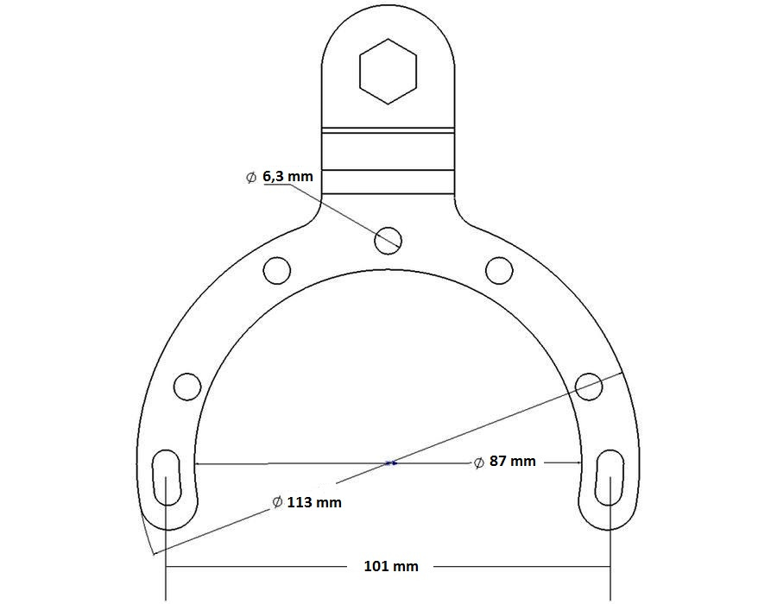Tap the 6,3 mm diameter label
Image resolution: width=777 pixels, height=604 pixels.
288,176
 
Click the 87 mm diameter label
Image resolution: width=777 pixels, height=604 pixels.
512,462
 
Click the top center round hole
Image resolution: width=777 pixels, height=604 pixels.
388,239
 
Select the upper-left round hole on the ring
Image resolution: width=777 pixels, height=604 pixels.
277,270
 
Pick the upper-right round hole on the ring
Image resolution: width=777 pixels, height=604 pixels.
499,270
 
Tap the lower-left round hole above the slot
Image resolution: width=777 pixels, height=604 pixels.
187,385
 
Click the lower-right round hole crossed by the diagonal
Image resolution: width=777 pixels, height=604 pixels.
589,385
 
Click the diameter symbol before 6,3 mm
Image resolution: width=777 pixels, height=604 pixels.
251,177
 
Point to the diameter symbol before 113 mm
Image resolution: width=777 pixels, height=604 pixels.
276,501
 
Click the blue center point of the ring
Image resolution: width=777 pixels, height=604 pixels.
390,463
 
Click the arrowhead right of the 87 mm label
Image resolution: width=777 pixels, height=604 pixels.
573,462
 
